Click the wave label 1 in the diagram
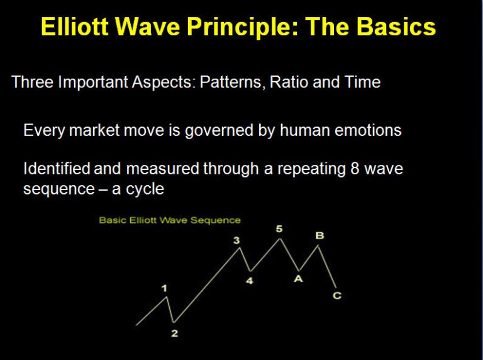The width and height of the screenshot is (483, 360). [x=165, y=288]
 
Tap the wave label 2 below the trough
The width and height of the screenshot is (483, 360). [x=175, y=333]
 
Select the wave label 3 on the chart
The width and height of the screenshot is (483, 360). [x=236, y=240]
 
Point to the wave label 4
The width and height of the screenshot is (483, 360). [x=250, y=281]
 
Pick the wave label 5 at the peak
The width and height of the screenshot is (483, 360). [x=279, y=229]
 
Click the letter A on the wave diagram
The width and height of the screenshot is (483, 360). [x=298, y=279]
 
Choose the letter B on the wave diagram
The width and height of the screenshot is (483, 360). [x=319, y=236]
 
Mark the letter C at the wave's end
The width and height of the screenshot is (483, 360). [x=337, y=296]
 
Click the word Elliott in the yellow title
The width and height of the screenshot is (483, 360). [x=75, y=26]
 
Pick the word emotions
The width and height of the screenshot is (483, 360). [x=368, y=130]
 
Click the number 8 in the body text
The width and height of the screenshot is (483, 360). [x=355, y=169]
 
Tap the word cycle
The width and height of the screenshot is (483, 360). [x=145, y=189]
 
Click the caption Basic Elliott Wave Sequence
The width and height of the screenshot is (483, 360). [x=170, y=220]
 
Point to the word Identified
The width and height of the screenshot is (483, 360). [x=57, y=168]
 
